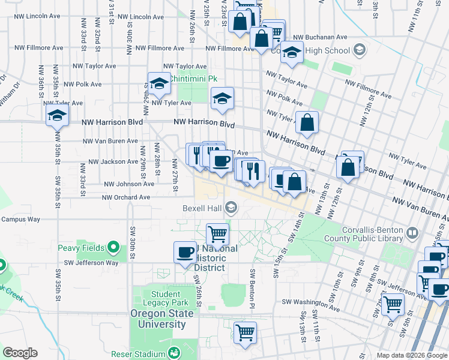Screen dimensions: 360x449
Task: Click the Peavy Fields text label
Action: click(81, 248)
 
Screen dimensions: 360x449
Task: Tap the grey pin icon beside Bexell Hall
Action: click(231, 209)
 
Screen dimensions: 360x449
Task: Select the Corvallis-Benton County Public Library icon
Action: click(412, 233)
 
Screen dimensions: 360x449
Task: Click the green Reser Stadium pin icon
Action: click(174, 352)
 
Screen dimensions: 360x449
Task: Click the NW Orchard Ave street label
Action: click(126, 197)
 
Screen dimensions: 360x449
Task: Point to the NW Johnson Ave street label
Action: click(129, 184)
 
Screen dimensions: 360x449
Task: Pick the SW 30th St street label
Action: click(131, 241)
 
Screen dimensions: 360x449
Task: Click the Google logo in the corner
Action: click(20, 353)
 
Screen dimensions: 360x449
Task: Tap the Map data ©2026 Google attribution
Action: click(412, 355)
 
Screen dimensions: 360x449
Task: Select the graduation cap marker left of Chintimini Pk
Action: click(160, 85)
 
